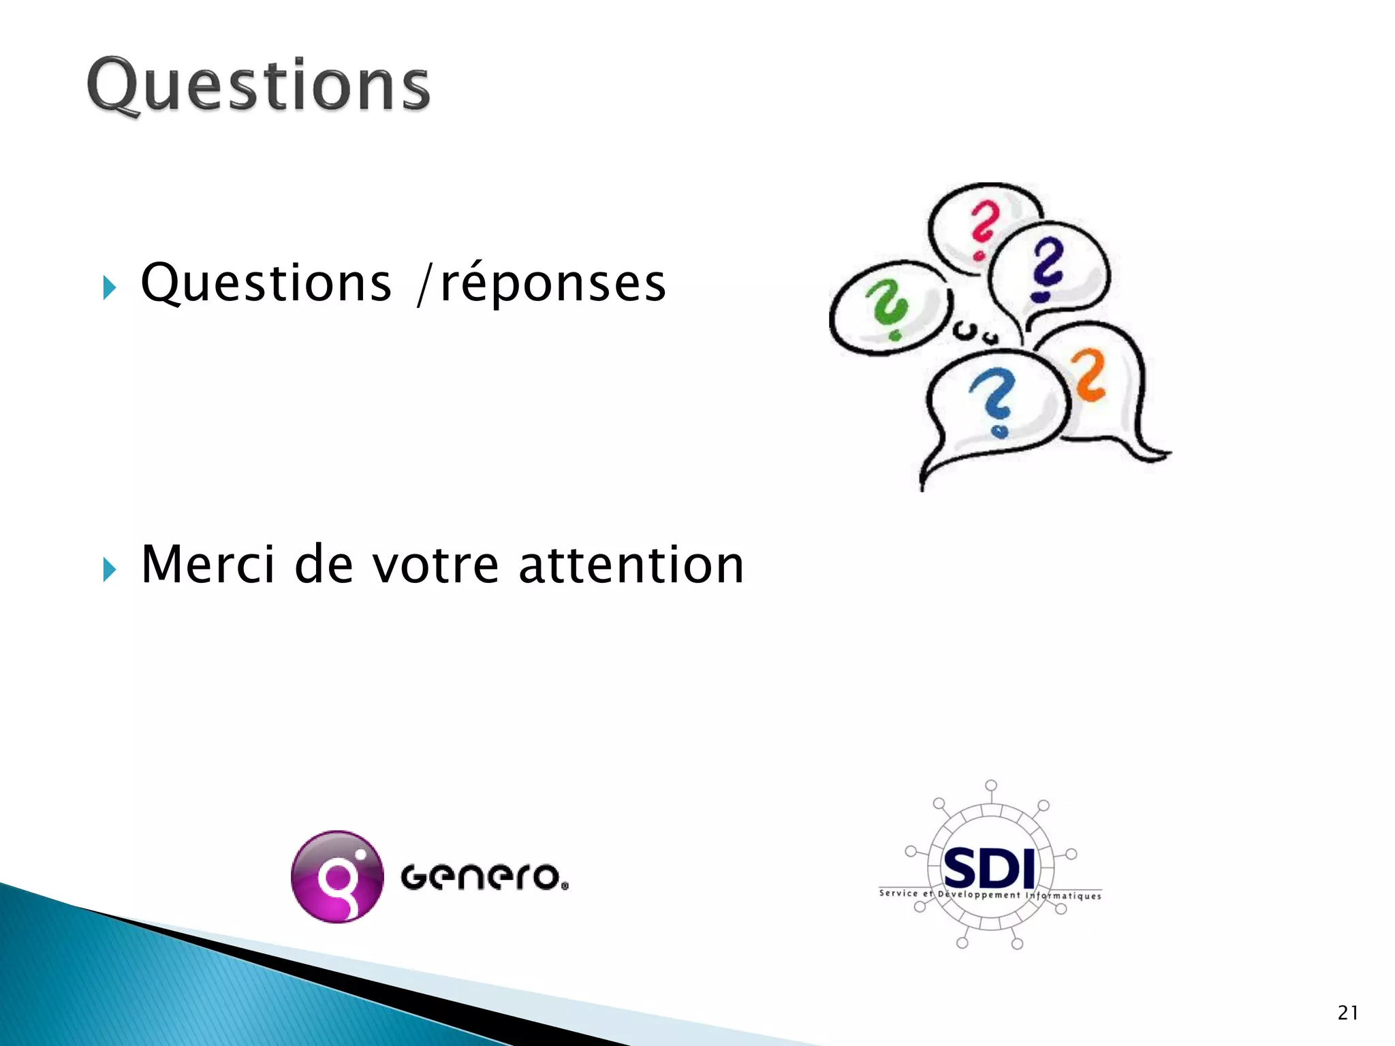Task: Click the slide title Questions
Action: [259, 85]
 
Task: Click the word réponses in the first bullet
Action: [553, 283]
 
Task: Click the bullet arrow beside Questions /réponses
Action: [109, 287]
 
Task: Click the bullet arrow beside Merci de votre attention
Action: [109, 569]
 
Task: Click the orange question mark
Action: [1088, 375]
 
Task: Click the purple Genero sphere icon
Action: [336, 876]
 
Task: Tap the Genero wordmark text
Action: [484, 876]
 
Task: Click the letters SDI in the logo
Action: [990, 869]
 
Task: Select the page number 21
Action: [1347, 1013]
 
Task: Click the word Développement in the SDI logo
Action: [979, 894]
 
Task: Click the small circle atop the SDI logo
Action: [991, 785]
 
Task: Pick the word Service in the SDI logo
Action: [898, 893]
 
